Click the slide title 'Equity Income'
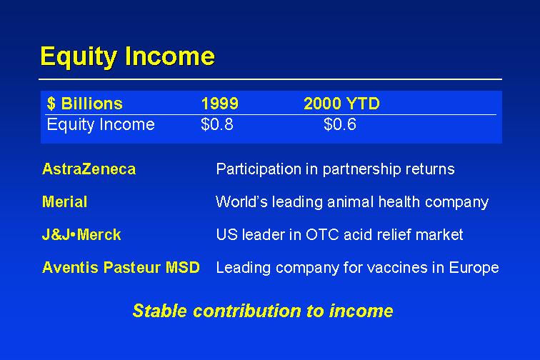pos(127,56)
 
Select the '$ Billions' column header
pos(85,104)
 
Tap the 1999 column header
pos(219,104)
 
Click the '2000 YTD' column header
pos(341,104)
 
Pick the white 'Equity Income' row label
pos(101,125)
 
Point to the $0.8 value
pos(217,124)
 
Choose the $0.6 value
pos(340,124)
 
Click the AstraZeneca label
pos(89,169)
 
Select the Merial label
pos(64,202)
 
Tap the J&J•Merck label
pos(81,234)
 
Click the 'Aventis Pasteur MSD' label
pos(121,267)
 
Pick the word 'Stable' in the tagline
pos(161,311)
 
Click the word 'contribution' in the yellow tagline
pos(247,311)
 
